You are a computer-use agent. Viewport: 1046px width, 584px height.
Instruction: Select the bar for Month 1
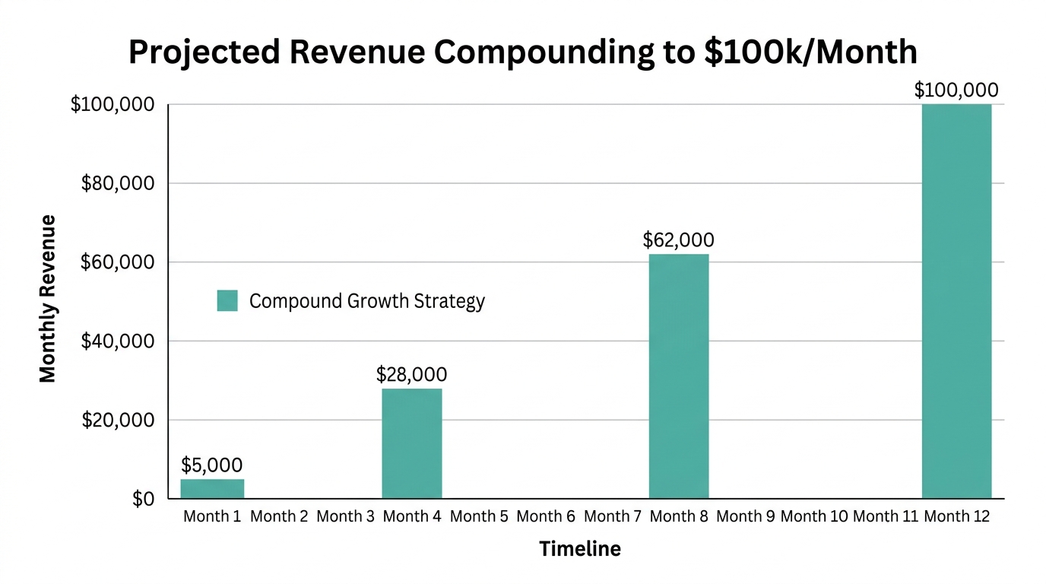tap(212, 489)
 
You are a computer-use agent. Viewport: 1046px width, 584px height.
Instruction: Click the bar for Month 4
tap(411, 443)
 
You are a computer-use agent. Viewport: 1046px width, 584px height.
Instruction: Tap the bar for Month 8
tap(678, 376)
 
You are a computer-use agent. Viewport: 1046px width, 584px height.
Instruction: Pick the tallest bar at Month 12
tap(956, 301)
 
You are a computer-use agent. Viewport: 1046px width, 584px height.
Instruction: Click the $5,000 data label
tap(212, 465)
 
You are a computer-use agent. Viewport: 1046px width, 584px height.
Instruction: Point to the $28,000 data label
tap(411, 374)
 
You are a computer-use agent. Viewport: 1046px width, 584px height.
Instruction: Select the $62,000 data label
tap(678, 240)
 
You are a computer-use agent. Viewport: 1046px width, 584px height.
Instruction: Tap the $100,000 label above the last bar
tap(956, 90)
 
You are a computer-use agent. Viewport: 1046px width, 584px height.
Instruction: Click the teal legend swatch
tap(227, 300)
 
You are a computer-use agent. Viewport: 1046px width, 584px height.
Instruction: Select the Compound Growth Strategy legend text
tap(366, 301)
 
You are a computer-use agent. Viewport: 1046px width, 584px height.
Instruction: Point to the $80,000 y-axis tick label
tap(118, 183)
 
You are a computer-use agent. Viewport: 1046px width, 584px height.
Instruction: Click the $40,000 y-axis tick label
tap(118, 341)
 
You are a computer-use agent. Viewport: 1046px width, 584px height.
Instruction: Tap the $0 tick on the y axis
tap(143, 500)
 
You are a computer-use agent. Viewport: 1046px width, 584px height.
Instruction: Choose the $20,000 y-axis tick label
tap(118, 421)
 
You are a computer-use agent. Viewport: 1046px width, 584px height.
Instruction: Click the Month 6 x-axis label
tap(545, 517)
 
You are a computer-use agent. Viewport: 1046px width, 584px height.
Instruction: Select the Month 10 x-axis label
tap(813, 517)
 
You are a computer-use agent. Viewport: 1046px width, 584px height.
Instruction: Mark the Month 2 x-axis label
tap(278, 517)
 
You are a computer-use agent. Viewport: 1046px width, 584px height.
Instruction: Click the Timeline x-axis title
tap(579, 549)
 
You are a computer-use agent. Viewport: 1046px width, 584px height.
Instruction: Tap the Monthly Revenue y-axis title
tap(48, 299)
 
